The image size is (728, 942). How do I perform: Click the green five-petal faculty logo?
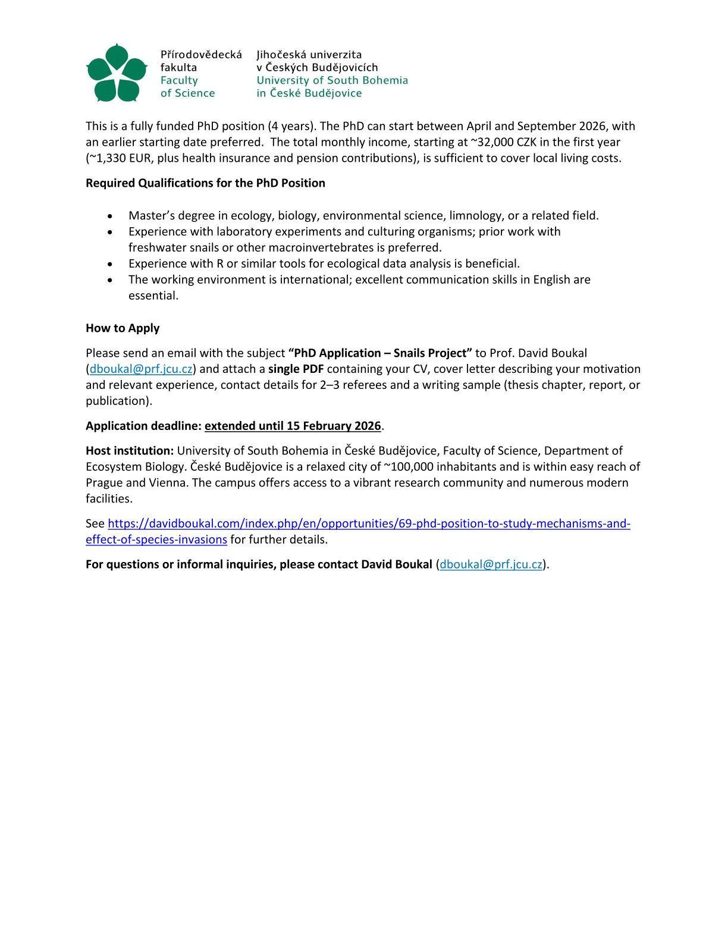pyautogui.click(x=117, y=73)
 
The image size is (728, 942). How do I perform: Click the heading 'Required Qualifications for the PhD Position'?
pyautogui.click(x=205, y=183)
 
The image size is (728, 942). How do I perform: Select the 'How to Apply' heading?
pyautogui.click(x=123, y=328)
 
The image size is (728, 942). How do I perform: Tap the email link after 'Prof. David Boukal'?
pyautogui.click(x=141, y=369)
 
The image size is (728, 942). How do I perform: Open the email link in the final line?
pyautogui.click(x=491, y=564)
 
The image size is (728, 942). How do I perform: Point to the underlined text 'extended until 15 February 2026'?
pyautogui.click(x=293, y=426)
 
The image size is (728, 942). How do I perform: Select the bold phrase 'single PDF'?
pyautogui.click(x=296, y=369)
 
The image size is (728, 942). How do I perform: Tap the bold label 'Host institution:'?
pyautogui.click(x=130, y=451)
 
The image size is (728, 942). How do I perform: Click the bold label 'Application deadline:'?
pyautogui.click(x=143, y=426)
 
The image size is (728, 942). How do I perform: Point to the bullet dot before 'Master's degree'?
pyautogui.click(x=109, y=216)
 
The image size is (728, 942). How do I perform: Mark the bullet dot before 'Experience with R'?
pyautogui.click(x=109, y=264)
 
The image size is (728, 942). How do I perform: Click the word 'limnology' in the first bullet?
pyautogui.click(x=474, y=216)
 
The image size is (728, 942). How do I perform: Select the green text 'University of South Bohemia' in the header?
pyautogui.click(x=332, y=80)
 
